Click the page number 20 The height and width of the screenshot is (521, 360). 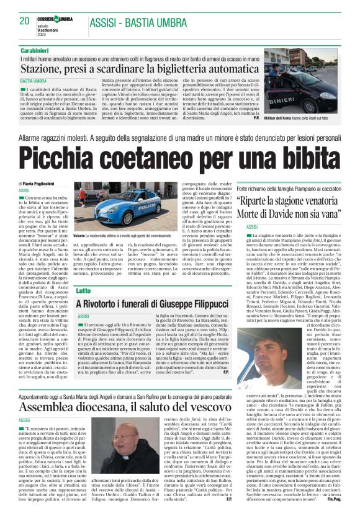25,20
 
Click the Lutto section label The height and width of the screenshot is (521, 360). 83,290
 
